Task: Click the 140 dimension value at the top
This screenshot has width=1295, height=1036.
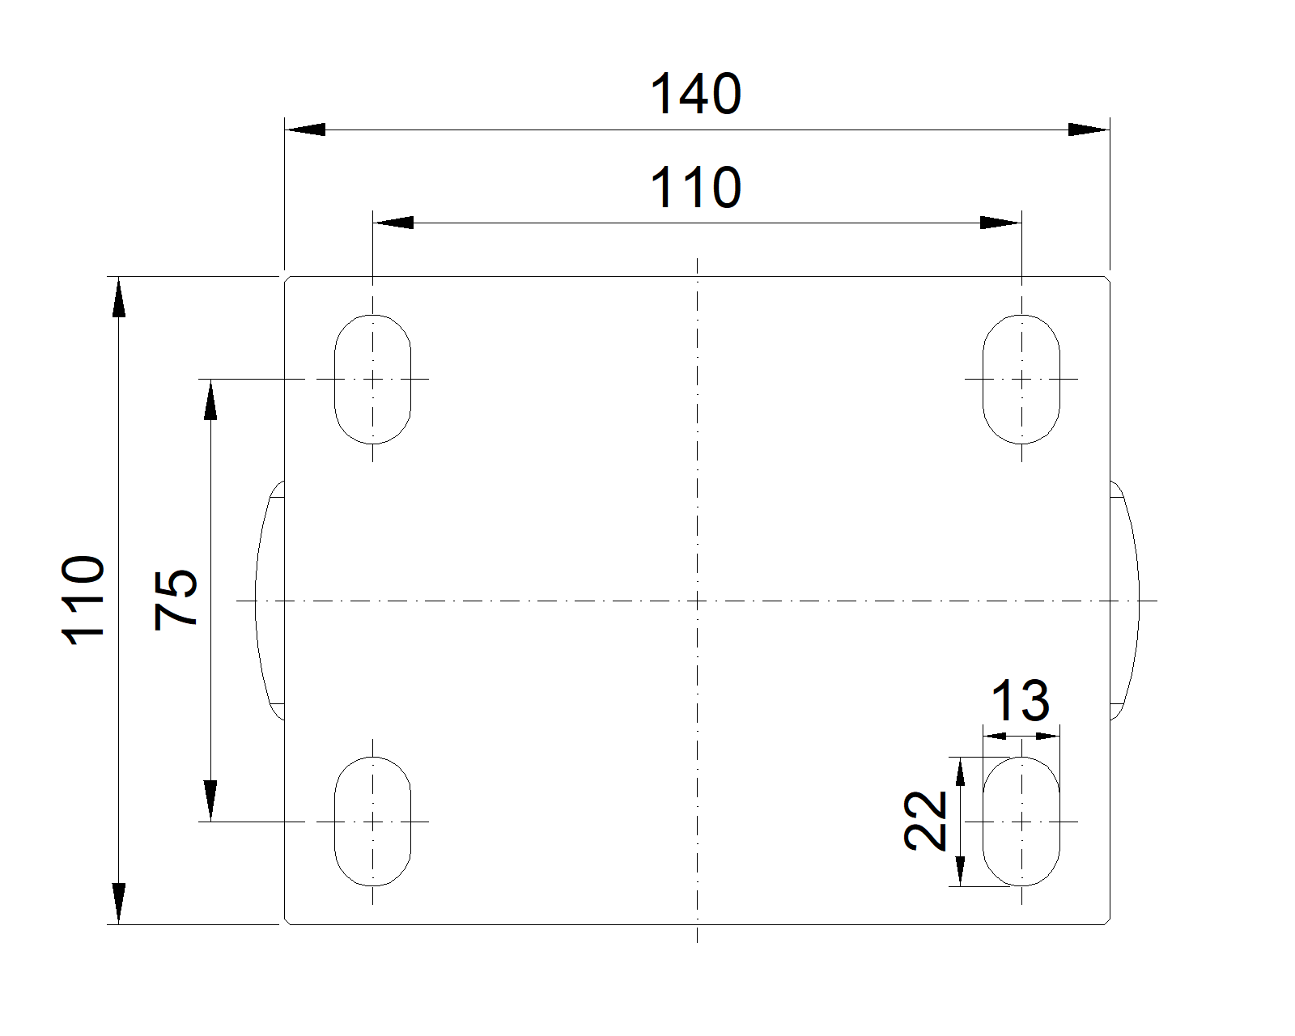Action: pyautogui.click(x=696, y=95)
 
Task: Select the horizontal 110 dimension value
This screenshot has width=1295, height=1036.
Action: pyautogui.click(x=696, y=189)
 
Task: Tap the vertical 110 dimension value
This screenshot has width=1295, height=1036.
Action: pyautogui.click(x=84, y=600)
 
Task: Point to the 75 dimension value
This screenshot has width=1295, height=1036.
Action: pyautogui.click(x=176, y=599)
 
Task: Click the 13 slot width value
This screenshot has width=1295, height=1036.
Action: pyautogui.click(x=1021, y=701)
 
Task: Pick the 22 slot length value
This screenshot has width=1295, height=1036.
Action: pyautogui.click(x=926, y=821)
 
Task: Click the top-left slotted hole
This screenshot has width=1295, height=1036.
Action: pyautogui.click(x=372, y=379)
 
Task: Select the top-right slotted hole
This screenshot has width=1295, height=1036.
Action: pyautogui.click(x=1021, y=379)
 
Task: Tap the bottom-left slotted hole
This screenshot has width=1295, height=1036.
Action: pyautogui.click(x=372, y=822)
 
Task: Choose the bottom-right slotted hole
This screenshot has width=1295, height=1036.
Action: pyautogui.click(x=1021, y=822)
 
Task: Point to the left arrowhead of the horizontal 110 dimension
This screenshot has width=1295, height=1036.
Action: pyautogui.click(x=393, y=223)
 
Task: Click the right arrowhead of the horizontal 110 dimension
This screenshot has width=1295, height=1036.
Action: pyautogui.click(x=1001, y=223)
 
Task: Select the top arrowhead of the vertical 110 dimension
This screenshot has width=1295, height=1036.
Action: pyautogui.click(x=119, y=296)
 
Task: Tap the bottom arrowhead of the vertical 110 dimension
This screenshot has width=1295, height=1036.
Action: pyautogui.click(x=119, y=903)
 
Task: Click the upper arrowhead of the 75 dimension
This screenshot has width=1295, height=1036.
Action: pyautogui.click(x=210, y=399)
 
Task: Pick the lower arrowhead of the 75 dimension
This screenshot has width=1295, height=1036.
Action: pyautogui.click(x=210, y=801)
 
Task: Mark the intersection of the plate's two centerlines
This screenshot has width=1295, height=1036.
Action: pyautogui.click(x=697, y=601)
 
